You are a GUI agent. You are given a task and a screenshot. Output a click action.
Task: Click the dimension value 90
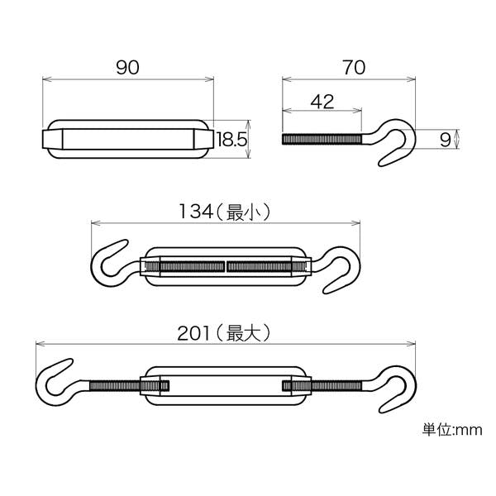127,68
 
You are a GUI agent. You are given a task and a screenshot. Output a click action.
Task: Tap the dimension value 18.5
231,139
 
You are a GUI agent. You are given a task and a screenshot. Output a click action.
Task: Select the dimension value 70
354,68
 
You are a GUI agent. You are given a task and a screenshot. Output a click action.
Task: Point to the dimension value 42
322,102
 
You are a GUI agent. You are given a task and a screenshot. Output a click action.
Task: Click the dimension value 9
445,140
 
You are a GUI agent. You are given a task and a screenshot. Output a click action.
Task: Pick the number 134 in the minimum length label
196,212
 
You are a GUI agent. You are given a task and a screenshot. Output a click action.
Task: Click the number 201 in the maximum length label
193,333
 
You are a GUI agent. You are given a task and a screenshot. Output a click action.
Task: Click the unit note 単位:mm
452,430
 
